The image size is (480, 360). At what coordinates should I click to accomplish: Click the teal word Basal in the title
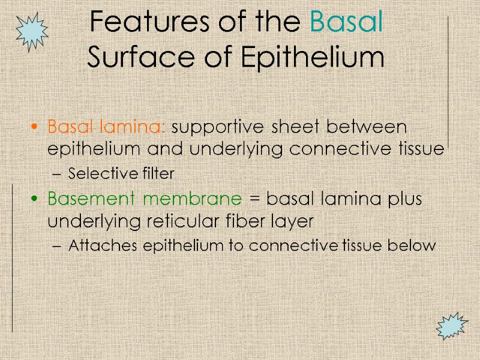(347, 23)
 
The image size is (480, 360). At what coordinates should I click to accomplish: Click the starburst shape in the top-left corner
(32, 31)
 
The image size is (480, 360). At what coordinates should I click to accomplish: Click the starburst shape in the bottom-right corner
(451, 326)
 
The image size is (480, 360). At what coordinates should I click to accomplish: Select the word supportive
(221, 127)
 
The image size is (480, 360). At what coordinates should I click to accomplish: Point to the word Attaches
(97, 245)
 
